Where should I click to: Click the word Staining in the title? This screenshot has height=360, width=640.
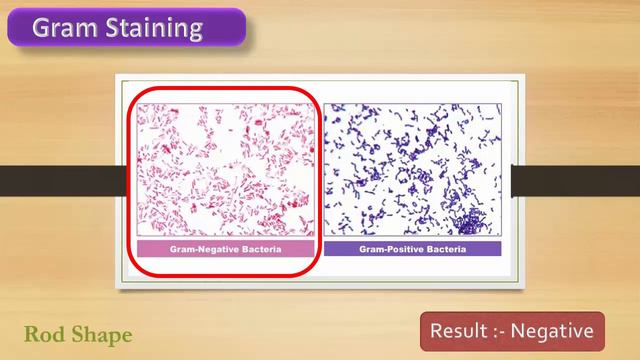(148, 28)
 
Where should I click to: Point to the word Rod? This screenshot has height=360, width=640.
(43, 333)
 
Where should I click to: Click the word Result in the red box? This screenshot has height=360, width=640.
(458, 330)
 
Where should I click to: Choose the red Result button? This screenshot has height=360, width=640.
(512, 330)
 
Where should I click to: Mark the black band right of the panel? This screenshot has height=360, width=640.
(576, 180)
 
